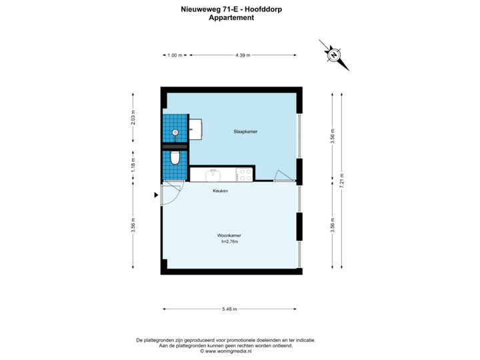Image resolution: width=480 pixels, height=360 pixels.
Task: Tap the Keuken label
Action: [x=220, y=191]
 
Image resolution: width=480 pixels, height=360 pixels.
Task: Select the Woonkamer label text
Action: [x=229, y=236]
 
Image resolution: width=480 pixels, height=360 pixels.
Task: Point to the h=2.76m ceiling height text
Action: [x=229, y=242]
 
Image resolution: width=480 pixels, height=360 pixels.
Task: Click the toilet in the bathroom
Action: [x=174, y=158]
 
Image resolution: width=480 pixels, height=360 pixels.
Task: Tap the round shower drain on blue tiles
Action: [x=175, y=132]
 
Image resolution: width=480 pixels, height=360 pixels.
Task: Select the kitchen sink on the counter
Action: [x=213, y=175]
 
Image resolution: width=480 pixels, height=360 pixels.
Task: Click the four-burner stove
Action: [x=243, y=175]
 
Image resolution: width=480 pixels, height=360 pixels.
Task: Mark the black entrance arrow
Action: [x=156, y=195]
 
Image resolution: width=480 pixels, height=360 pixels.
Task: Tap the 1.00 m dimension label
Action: [x=175, y=55]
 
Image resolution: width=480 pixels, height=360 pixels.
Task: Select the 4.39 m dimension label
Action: [x=243, y=55]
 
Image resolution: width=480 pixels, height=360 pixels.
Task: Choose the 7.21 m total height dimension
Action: [x=342, y=181]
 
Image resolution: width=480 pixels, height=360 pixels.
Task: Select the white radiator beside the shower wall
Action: [x=196, y=129]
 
